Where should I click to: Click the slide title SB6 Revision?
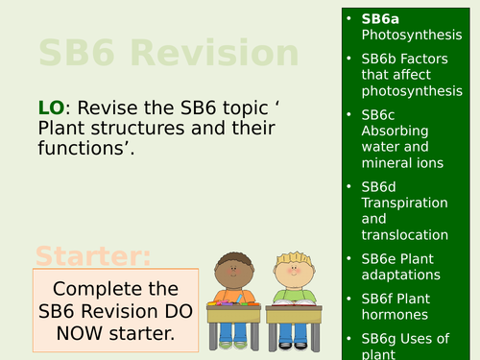coord(168,54)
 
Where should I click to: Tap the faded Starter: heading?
coord(93,256)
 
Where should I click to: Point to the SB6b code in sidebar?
coord(382,59)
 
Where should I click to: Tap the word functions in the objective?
coord(82,149)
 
